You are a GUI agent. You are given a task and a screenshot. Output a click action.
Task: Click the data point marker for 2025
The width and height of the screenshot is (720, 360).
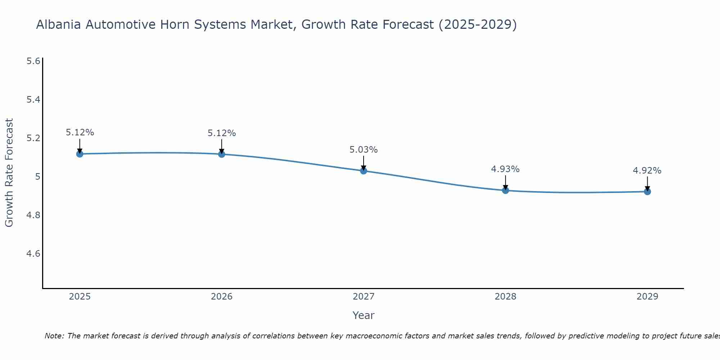(x=80, y=154)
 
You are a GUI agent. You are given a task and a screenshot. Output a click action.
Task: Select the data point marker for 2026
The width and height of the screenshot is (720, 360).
(x=222, y=154)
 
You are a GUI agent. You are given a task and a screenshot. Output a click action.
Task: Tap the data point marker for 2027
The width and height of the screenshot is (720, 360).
(x=364, y=171)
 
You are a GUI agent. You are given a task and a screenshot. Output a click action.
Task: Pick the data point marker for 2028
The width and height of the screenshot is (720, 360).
(x=505, y=190)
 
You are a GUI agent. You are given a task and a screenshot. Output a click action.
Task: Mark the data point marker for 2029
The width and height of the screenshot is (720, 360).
(x=647, y=192)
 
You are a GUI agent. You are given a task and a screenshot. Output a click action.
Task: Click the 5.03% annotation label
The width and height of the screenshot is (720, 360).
(x=364, y=150)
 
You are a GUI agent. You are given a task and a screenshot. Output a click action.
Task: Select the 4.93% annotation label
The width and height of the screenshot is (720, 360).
(x=505, y=169)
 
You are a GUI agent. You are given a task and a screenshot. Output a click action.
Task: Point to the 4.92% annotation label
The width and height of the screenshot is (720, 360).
(x=647, y=171)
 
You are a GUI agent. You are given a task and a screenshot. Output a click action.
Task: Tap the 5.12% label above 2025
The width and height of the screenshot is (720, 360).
(x=80, y=132)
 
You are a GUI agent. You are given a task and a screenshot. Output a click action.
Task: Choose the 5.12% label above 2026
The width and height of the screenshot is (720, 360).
(x=222, y=133)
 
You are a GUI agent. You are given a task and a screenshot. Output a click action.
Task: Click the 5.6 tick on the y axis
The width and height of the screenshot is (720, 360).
(x=33, y=61)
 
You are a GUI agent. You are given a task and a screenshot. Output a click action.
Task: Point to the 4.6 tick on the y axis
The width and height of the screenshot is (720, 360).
(x=33, y=254)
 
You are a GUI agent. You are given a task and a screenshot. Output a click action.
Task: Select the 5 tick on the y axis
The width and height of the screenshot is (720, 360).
(x=37, y=177)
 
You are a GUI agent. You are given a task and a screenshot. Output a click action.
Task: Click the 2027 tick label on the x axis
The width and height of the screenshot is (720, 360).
(x=364, y=297)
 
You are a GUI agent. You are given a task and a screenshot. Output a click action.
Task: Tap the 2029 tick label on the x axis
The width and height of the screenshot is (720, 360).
(x=647, y=297)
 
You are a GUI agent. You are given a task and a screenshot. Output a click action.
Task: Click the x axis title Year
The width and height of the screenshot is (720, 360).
(x=364, y=315)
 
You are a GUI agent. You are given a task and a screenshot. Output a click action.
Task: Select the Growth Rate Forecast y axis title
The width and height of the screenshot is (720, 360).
(x=9, y=173)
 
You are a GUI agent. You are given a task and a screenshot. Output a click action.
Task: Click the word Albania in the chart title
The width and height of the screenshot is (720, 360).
(x=59, y=25)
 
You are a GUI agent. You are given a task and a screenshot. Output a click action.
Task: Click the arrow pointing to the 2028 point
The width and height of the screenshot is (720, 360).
(x=505, y=182)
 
